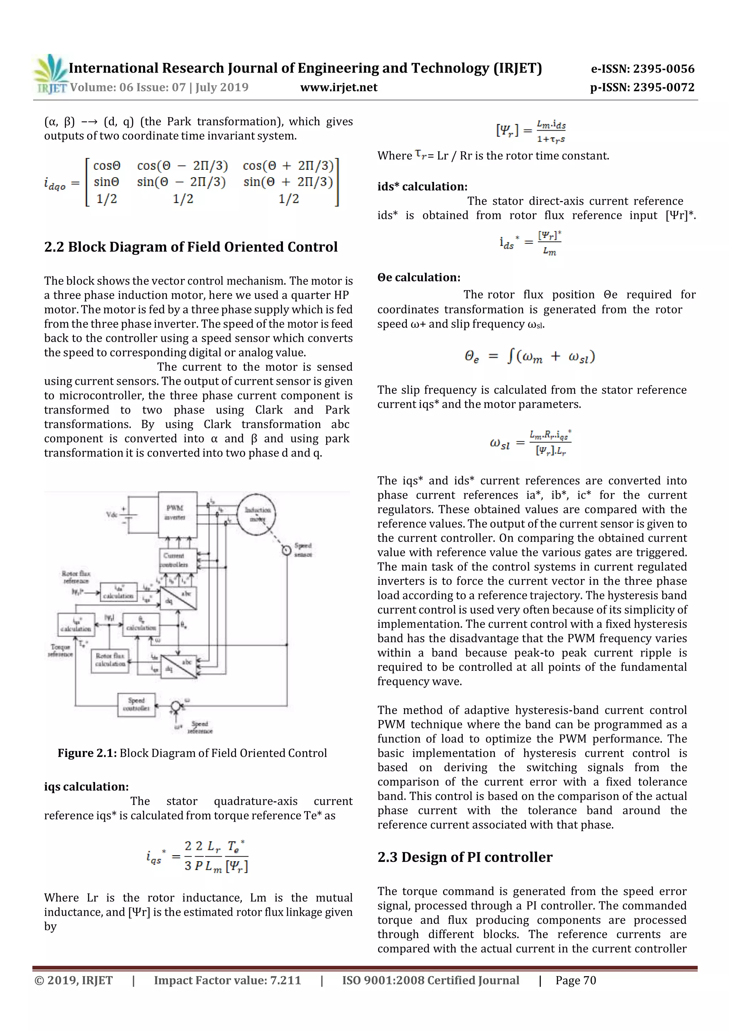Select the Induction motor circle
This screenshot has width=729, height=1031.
click(257, 515)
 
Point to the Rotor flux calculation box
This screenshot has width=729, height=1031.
click(110, 660)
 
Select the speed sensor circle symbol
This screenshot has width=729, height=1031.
click(286, 550)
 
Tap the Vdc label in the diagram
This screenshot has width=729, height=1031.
click(111, 515)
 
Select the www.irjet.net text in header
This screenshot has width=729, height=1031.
click(339, 87)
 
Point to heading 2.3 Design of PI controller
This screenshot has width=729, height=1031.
click(465, 857)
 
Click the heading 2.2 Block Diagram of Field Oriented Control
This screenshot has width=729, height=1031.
click(190, 247)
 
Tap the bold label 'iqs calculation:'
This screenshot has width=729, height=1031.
click(86, 787)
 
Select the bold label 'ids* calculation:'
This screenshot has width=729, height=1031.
click(422, 186)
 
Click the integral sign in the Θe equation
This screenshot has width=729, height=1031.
click(510, 356)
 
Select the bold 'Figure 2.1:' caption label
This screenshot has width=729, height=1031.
click(87, 753)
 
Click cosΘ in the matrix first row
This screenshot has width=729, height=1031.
click(107, 166)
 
